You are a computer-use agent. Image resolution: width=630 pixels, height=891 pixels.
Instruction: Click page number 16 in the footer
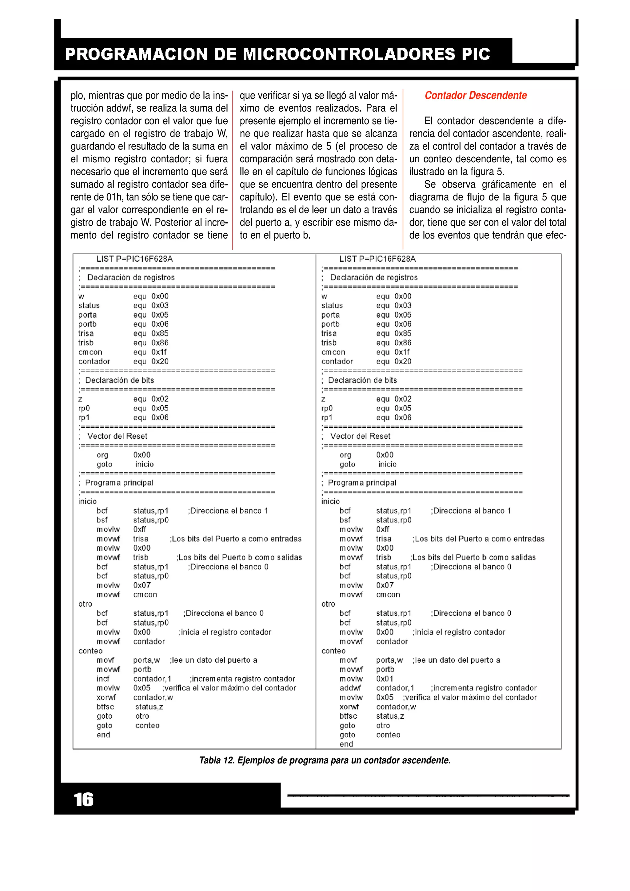pyautogui.click(x=83, y=799)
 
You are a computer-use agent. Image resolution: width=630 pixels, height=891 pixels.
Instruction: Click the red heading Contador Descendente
pyautogui.click(x=476, y=95)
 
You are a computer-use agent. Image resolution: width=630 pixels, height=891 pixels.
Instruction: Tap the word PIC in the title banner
pyautogui.click(x=476, y=54)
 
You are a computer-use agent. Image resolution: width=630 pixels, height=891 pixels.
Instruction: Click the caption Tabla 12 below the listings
pyautogui.click(x=325, y=760)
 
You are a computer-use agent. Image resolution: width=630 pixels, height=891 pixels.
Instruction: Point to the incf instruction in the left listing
pyautogui.click(x=103, y=679)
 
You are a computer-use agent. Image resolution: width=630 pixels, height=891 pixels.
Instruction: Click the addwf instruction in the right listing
pyautogui.click(x=350, y=688)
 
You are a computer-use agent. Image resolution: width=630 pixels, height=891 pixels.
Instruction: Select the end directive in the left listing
pyautogui.click(x=103, y=735)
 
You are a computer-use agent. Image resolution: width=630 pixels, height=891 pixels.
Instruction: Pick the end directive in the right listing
pyautogui.click(x=346, y=744)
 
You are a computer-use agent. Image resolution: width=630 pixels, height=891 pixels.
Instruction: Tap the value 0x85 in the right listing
pyautogui.click(x=403, y=333)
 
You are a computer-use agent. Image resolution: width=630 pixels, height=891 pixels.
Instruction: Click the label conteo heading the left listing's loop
pyautogui.click(x=90, y=651)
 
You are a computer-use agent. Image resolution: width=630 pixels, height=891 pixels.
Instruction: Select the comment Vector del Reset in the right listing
pyautogui.click(x=360, y=436)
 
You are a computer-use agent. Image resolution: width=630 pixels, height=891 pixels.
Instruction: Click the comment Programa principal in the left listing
pyautogui.click(x=119, y=483)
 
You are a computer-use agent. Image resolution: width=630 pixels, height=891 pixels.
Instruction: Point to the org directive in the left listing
pyautogui.click(x=102, y=455)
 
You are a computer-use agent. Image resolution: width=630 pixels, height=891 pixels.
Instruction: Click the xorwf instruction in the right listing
pyautogui.click(x=349, y=707)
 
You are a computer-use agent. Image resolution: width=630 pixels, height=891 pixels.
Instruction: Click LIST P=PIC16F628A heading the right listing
pyautogui.click(x=377, y=259)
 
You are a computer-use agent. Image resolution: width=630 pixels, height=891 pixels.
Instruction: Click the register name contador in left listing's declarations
pyautogui.click(x=94, y=361)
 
